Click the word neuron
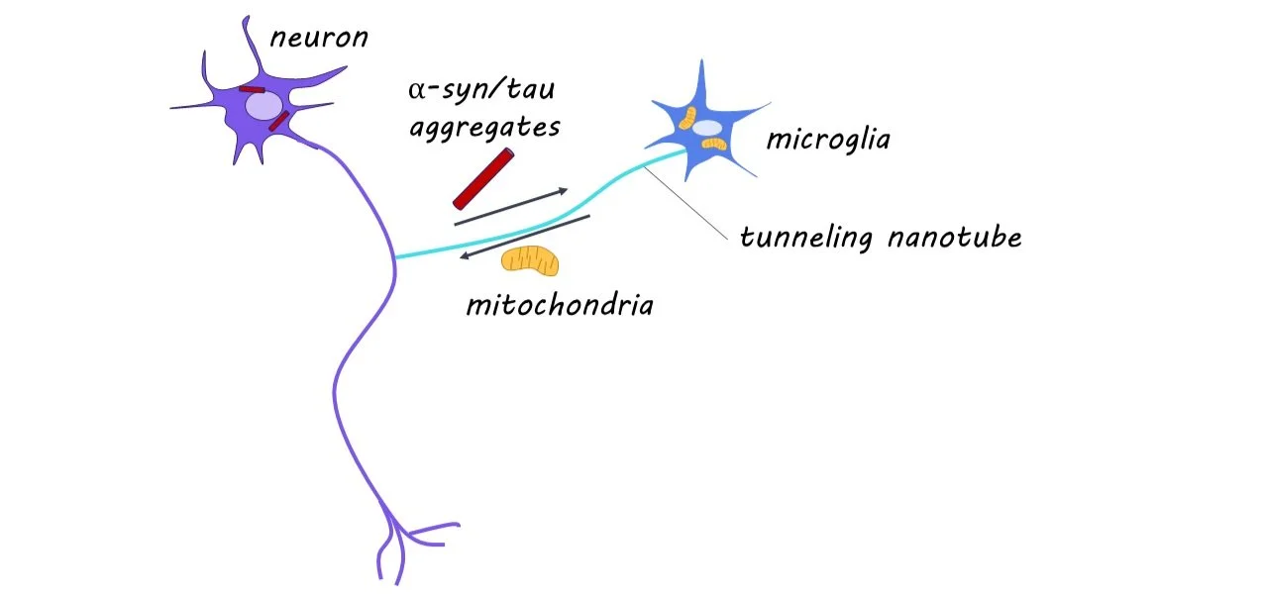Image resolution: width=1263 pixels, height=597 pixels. click(319, 39)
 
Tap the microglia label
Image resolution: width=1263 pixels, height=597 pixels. click(828, 140)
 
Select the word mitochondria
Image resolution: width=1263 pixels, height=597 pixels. click(560, 303)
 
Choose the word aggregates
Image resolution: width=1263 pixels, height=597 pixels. click(485, 129)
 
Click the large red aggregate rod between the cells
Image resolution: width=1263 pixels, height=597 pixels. click(484, 178)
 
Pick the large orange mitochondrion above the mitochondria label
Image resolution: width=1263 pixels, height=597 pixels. click(530, 260)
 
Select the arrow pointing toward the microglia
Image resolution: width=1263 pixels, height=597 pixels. click(510, 206)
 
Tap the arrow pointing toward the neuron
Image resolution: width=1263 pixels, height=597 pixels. click(525, 238)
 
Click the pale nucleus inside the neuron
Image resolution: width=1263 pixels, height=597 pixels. click(263, 106)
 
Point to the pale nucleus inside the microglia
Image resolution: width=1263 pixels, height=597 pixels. click(706, 128)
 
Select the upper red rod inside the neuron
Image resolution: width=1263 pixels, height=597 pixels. click(251, 90)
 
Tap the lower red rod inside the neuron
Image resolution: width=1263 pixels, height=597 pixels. click(279, 121)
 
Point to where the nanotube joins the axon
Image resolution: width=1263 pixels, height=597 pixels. click(394, 258)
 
